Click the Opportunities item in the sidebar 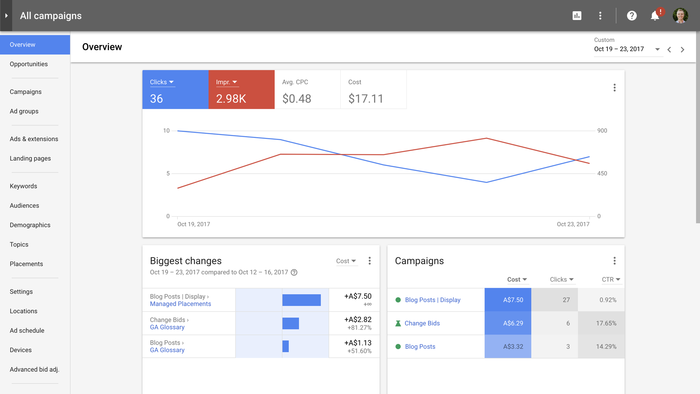tap(29, 64)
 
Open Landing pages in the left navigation tap(30, 158)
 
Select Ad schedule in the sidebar tap(27, 331)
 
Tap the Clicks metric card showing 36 tap(175, 90)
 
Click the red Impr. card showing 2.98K tap(241, 90)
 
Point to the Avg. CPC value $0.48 tap(297, 98)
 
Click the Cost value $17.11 tap(366, 98)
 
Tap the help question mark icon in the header tap(632, 16)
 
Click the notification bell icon tap(655, 16)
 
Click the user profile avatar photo tap(680, 16)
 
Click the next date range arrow tap(682, 50)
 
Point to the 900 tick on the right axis tap(602, 131)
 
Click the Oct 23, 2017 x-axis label tap(573, 224)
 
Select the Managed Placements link tap(180, 304)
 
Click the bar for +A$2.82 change tap(291, 323)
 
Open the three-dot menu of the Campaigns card tap(614, 261)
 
